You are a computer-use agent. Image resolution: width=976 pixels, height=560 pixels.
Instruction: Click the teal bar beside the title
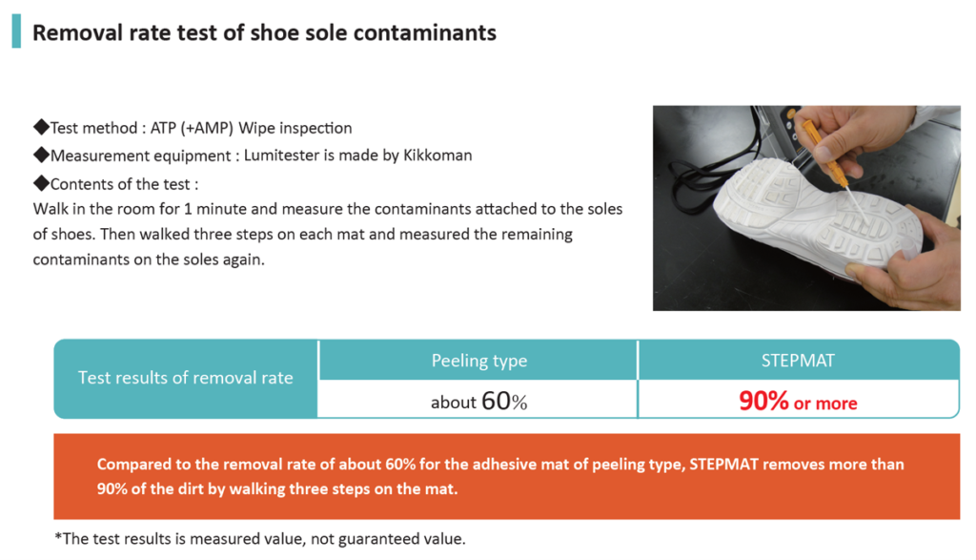click(16, 31)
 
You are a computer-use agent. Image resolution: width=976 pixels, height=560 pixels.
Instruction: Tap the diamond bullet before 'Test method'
click(41, 127)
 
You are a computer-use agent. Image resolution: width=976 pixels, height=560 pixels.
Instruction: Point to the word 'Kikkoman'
click(437, 156)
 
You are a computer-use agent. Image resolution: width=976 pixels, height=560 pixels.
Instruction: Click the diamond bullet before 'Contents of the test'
click(41, 183)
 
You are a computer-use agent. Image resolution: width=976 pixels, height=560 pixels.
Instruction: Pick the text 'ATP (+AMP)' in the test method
click(192, 128)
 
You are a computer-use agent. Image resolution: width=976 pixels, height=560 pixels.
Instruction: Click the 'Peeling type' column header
click(479, 361)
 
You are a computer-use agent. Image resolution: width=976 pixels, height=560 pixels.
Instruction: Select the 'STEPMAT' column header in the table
click(798, 361)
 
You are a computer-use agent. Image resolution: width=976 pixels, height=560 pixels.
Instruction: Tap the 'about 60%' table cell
click(478, 401)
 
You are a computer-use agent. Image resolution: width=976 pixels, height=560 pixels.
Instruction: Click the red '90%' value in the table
click(763, 401)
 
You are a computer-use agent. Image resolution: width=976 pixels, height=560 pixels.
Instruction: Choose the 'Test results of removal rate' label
click(186, 378)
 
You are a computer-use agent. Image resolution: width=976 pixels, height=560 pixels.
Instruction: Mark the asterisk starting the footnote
click(58, 537)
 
